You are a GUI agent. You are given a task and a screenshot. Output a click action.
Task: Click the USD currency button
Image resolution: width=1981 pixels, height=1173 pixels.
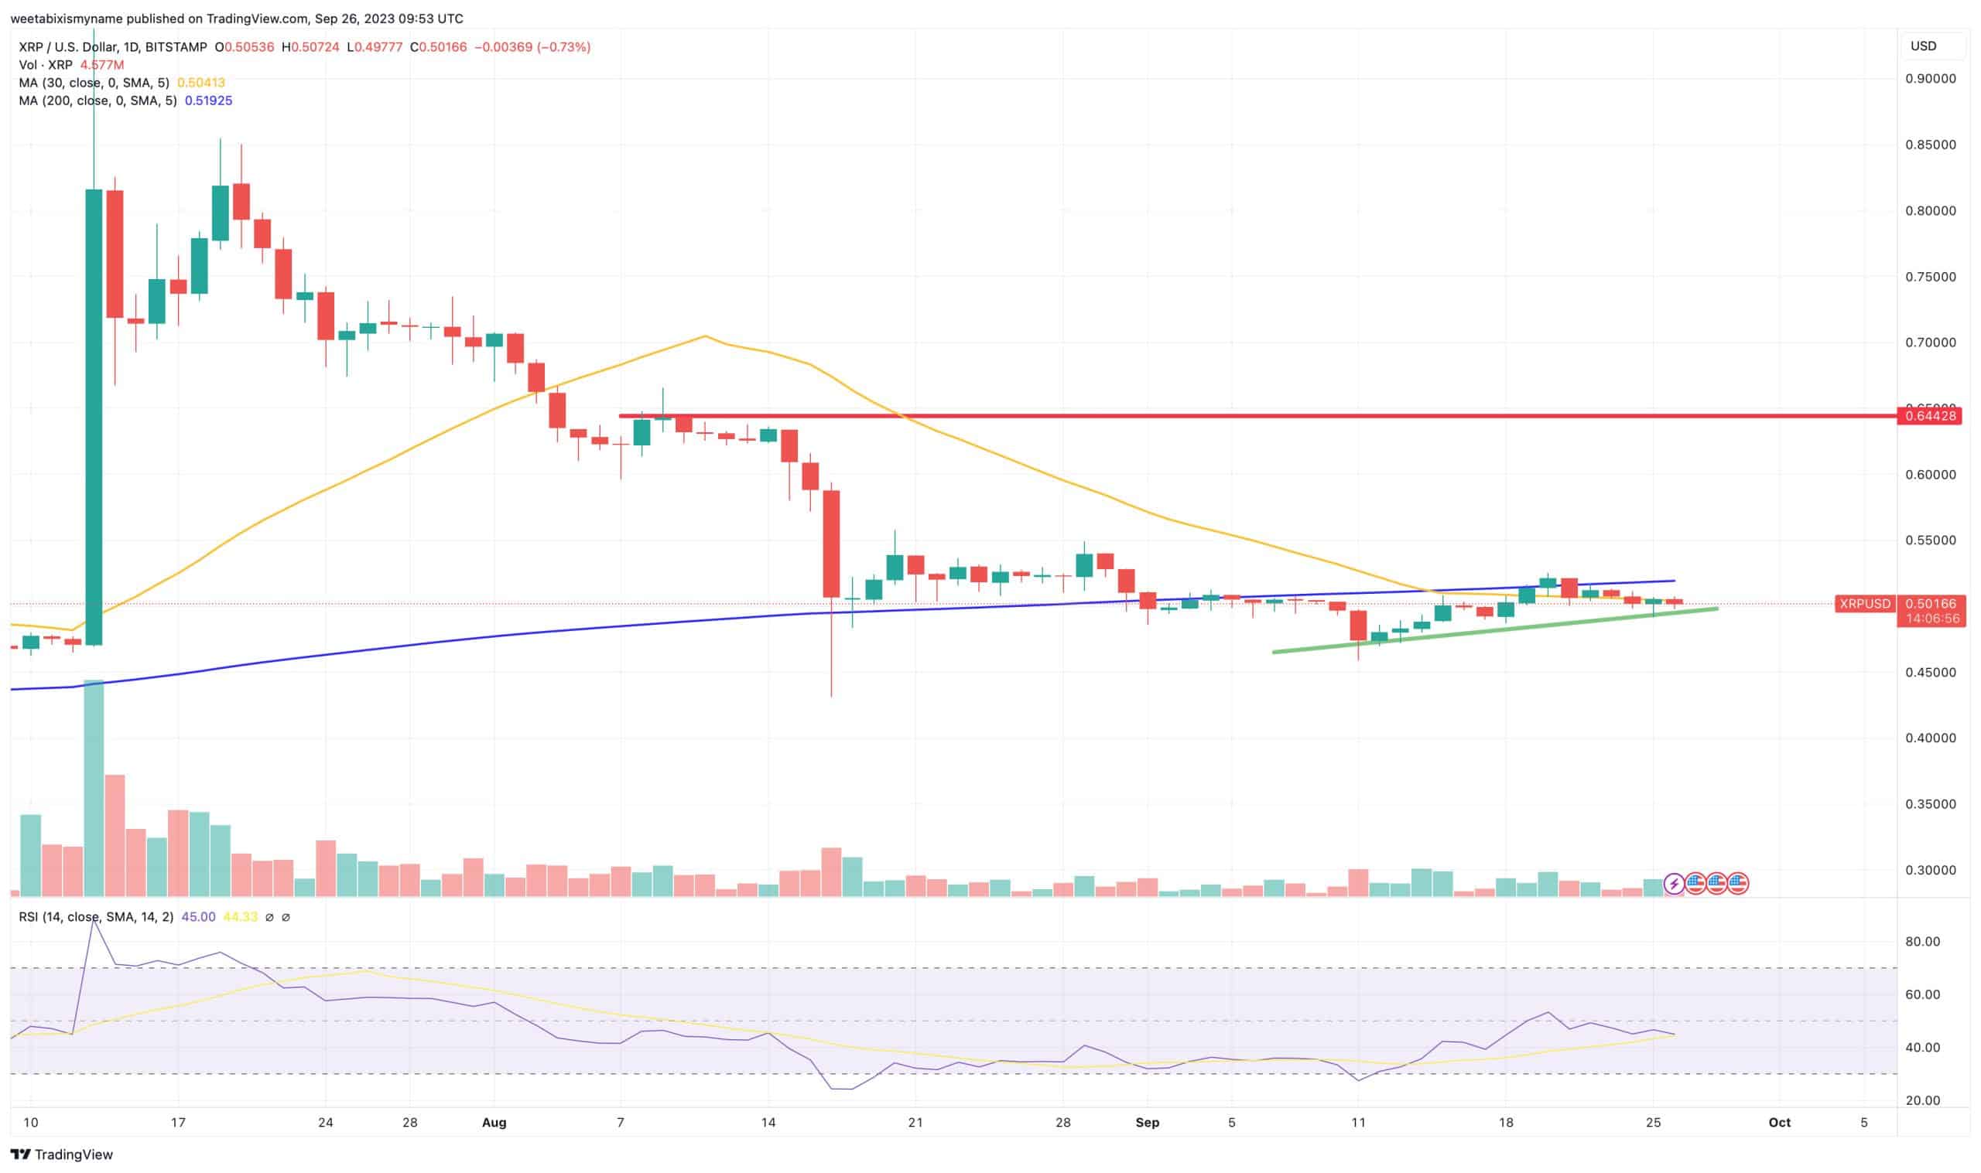pyautogui.click(x=1923, y=46)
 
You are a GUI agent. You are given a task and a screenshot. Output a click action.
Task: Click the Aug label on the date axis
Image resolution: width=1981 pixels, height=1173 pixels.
pyautogui.click(x=494, y=1122)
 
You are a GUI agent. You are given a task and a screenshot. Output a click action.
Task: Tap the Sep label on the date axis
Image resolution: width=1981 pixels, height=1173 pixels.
pyautogui.click(x=1147, y=1122)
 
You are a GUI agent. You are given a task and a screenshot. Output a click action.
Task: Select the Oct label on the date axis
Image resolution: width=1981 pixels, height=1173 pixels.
pyautogui.click(x=1779, y=1122)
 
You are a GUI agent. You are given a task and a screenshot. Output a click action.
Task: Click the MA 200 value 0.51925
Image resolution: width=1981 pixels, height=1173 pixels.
pyautogui.click(x=208, y=101)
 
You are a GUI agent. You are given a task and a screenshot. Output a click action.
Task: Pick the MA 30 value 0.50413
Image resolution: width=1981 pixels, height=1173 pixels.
pyautogui.click(x=201, y=82)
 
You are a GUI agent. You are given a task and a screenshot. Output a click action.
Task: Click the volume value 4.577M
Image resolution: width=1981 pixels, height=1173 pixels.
pyautogui.click(x=102, y=65)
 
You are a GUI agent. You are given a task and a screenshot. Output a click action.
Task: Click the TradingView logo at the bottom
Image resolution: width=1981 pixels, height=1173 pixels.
pyautogui.click(x=62, y=1154)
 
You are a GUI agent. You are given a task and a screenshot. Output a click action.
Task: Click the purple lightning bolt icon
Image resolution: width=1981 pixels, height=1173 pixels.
pyautogui.click(x=1673, y=884)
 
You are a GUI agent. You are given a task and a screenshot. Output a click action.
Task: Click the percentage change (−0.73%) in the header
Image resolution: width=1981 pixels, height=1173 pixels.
pyautogui.click(x=564, y=46)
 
